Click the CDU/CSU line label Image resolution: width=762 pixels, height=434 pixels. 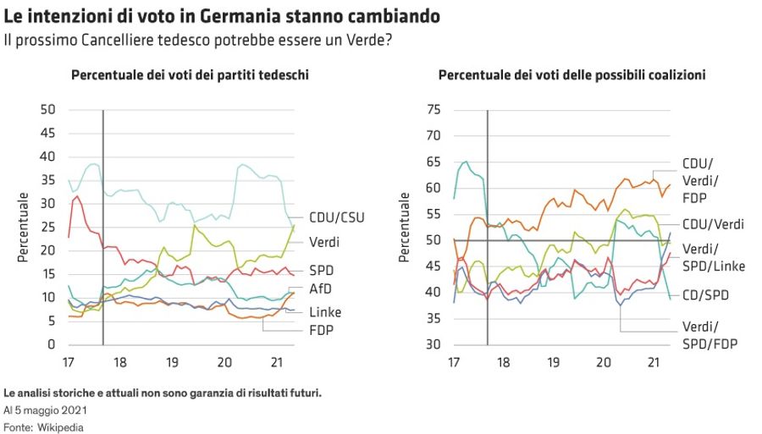[x=337, y=217]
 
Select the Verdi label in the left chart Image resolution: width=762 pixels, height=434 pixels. [x=325, y=242]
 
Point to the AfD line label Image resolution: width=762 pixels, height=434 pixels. [x=321, y=290]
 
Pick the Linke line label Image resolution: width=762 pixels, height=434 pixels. [x=325, y=312]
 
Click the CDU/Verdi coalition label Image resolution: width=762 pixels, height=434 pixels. [x=713, y=224]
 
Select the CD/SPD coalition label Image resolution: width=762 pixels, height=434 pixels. [x=705, y=294]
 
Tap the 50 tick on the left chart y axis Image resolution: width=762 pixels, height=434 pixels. [x=48, y=109]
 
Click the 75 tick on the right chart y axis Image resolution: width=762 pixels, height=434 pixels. [x=434, y=109]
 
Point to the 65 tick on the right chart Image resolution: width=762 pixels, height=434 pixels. [x=434, y=162]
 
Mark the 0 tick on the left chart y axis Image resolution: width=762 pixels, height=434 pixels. [x=52, y=344]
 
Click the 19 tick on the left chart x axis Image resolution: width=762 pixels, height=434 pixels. [x=172, y=362]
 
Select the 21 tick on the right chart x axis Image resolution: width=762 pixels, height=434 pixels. [x=653, y=362]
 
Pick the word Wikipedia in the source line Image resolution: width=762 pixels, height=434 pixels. [x=60, y=427]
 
